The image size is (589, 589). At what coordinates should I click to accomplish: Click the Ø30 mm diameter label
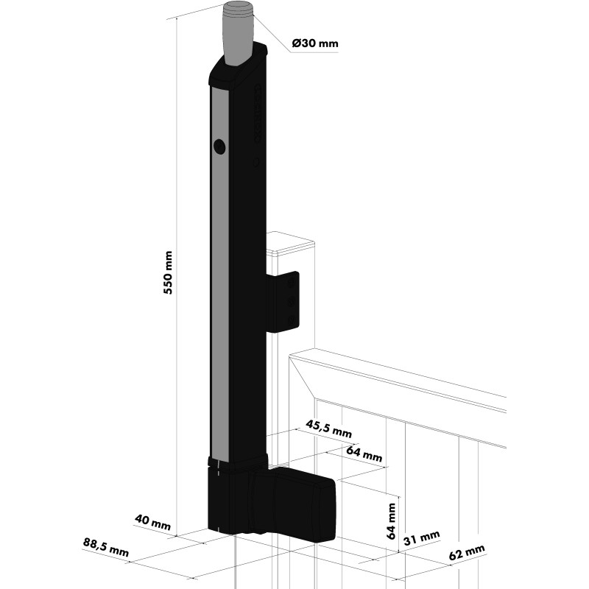[315, 43]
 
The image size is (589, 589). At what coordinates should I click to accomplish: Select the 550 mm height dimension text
[168, 272]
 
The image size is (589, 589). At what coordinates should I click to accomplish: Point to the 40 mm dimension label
[152, 523]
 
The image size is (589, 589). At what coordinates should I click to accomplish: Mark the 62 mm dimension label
[467, 553]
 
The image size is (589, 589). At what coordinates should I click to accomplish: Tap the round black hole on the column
[219, 147]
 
